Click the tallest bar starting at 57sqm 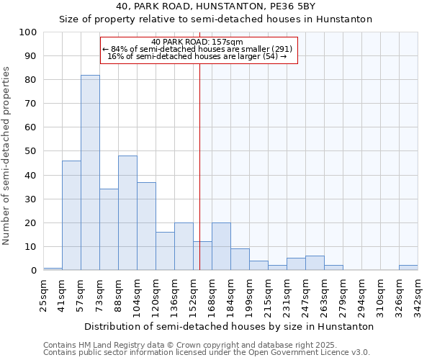pos(90,173)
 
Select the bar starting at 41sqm pos(71,215)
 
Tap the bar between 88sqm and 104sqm pos(127,213)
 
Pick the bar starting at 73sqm pos(109,230)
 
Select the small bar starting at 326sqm pos(408,268)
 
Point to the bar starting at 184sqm pos(240,260)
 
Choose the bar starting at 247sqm pos(315,264)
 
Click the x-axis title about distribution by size pos(229,326)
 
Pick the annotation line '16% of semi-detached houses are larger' pos(197,56)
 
